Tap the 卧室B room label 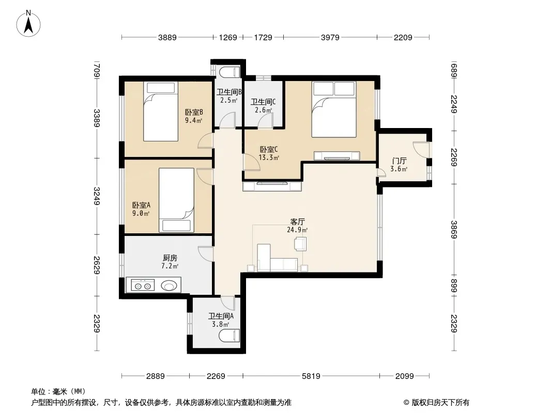tap(194, 113)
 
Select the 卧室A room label tap(141, 205)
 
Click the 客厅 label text tap(297, 222)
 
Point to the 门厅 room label tap(399, 161)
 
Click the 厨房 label tap(170, 258)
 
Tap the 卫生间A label tap(221, 316)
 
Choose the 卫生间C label tap(263, 102)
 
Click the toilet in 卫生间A tap(229, 336)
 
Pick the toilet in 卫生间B tap(229, 72)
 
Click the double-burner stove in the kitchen tap(143, 285)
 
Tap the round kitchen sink tap(169, 286)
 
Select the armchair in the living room tap(300, 244)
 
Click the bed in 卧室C tap(334, 109)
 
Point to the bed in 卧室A tap(176, 200)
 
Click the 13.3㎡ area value tap(269, 157)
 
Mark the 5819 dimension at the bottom tap(311, 376)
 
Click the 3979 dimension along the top tap(330, 37)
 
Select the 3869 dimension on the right tap(454, 230)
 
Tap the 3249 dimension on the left tap(97, 196)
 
